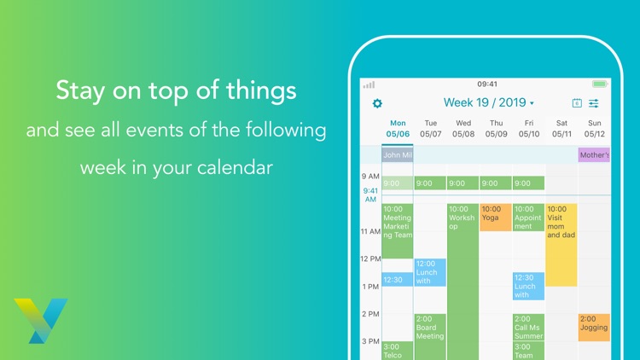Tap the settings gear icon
[x=378, y=103]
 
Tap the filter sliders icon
[x=594, y=103]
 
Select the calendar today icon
[x=577, y=103]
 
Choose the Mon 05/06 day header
[x=398, y=129]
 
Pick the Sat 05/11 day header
[x=561, y=129]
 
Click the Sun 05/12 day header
[x=594, y=129]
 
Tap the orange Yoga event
[x=496, y=217]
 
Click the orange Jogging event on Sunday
[x=594, y=327]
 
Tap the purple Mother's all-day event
[x=594, y=155]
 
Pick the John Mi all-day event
[x=398, y=155]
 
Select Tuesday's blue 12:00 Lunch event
[x=430, y=272]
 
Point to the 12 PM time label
[x=369, y=258]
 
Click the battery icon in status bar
[x=601, y=84]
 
